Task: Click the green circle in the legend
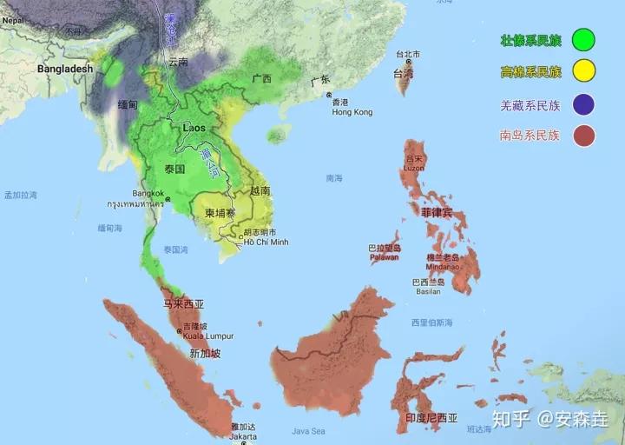(583, 39)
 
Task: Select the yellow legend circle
(583, 71)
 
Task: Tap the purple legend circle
(583, 104)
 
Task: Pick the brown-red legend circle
(583, 136)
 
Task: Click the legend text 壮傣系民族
(530, 40)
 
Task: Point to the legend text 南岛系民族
(530, 136)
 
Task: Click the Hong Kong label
(352, 112)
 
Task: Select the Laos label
(194, 128)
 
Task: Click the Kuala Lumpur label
(205, 335)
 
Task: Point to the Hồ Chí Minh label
(266, 242)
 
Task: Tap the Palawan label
(384, 256)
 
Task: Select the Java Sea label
(307, 431)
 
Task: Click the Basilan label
(428, 291)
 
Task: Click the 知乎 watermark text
(511, 419)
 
